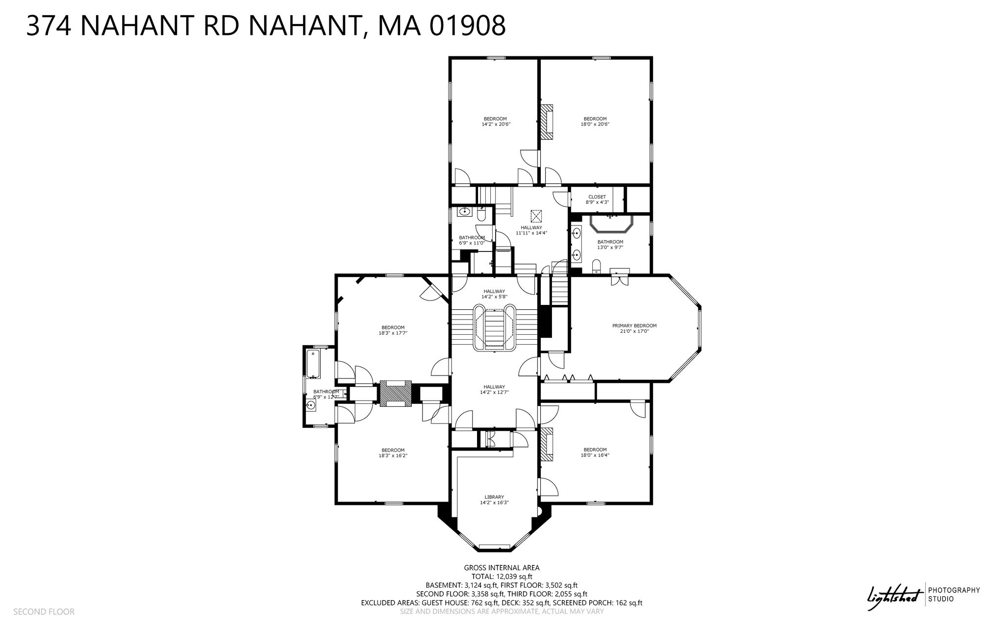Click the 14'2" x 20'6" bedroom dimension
[495, 125]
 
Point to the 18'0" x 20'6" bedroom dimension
[595, 125]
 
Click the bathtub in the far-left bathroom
[313, 364]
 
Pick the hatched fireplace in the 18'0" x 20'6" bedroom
[547, 125]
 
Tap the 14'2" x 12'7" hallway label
[494, 389]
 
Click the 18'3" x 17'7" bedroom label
[393, 330]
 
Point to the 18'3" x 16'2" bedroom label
[393, 453]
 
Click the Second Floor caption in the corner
[44, 612]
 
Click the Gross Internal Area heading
[502, 568]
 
